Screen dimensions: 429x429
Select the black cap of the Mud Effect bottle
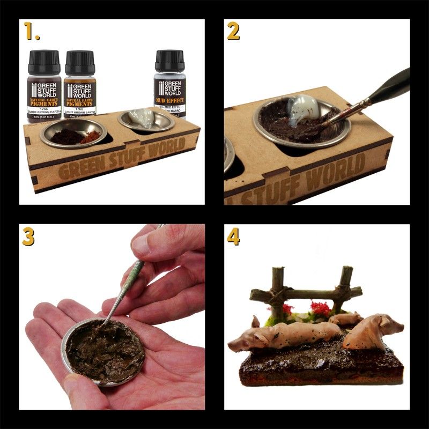point(169,62)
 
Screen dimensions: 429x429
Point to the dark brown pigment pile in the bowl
point(64,136)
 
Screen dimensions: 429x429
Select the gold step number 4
point(233,236)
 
